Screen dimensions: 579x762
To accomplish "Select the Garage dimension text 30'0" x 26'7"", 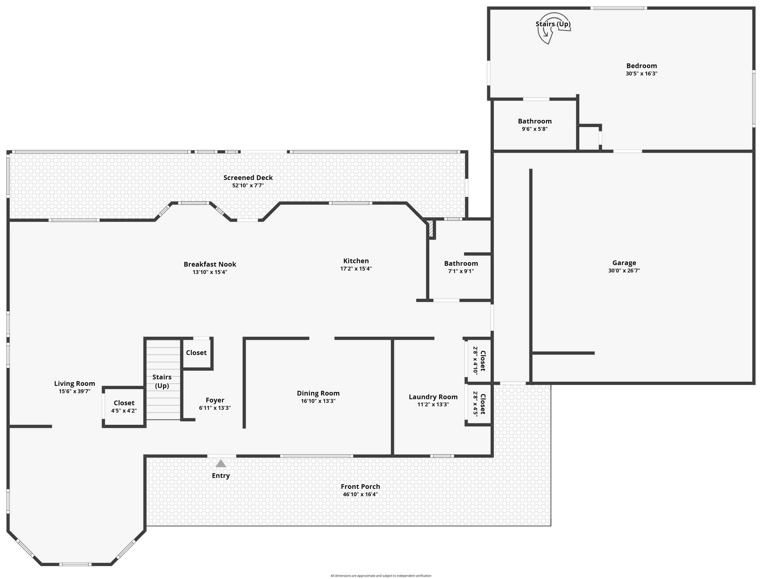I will coord(624,270).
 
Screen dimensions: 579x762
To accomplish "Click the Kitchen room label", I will coord(356,261).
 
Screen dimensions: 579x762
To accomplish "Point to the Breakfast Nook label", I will coord(210,264).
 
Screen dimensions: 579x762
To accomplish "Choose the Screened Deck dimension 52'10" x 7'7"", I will coord(248,185).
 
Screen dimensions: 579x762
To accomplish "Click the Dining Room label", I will coord(318,393).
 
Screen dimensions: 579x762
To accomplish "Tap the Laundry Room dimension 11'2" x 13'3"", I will coord(433,404).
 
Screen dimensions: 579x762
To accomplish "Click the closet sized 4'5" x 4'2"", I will coord(124,407).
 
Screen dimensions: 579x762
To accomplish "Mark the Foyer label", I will coord(215,400).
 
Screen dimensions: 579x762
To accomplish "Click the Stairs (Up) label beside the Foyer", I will coord(162,381).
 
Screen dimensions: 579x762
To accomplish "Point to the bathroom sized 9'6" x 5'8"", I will coord(534,125).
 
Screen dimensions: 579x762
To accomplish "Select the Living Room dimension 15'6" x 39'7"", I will coord(74,391).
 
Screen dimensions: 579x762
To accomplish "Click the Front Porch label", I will coord(360,487).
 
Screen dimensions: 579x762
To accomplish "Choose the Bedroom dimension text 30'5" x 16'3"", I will coord(641,73).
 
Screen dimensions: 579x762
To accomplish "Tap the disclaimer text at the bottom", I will coord(380,575).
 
